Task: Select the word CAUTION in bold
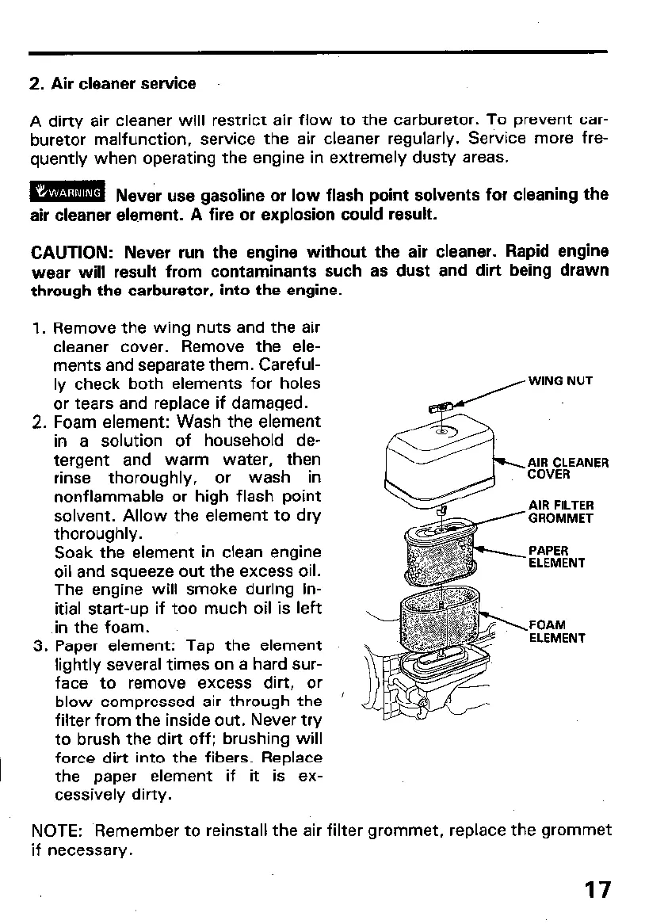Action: pos(72,253)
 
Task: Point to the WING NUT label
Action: pos(560,381)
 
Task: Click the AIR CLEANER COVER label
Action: pos(567,468)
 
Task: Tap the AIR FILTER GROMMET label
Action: pos(561,512)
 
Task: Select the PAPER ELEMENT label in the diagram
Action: pos(556,556)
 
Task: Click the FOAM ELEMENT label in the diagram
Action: pos(556,631)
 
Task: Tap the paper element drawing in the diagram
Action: pos(440,552)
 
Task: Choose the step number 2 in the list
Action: pos(36,422)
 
